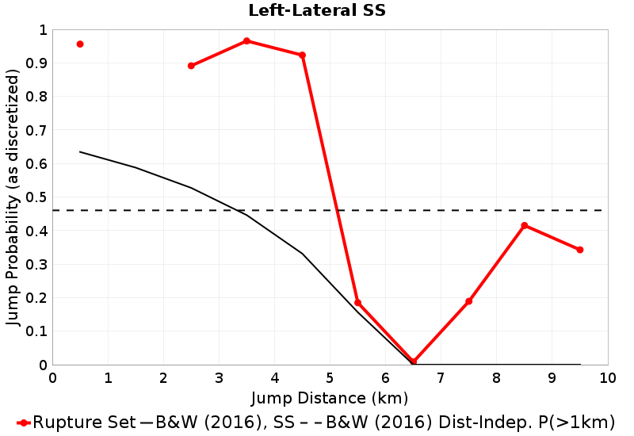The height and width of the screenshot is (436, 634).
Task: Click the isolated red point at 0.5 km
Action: coord(80,44)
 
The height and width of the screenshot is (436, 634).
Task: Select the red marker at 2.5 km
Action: coord(191,66)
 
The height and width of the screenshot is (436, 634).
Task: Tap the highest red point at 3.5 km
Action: coord(246,40)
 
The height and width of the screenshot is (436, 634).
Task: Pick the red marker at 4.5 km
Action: coord(302,55)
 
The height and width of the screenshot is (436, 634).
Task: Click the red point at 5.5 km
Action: coord(358,303)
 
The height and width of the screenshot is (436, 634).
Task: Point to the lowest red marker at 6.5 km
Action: coord(414,361)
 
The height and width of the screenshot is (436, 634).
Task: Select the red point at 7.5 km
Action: coord(469,301)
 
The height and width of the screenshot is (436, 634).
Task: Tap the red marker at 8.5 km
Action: coord(525,226)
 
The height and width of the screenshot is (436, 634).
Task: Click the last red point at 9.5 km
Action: coord(580,250)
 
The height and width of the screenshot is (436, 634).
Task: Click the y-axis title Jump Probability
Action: coord(13,197)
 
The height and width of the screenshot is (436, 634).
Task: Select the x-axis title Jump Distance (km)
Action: coord(330,396)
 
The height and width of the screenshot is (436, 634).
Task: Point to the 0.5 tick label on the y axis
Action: coord(36,197)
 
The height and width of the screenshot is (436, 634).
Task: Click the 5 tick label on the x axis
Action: coord(330,377)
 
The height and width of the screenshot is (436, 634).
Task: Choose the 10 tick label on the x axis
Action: coord(607,377)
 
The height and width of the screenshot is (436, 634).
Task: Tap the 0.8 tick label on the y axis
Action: coord(36,97)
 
